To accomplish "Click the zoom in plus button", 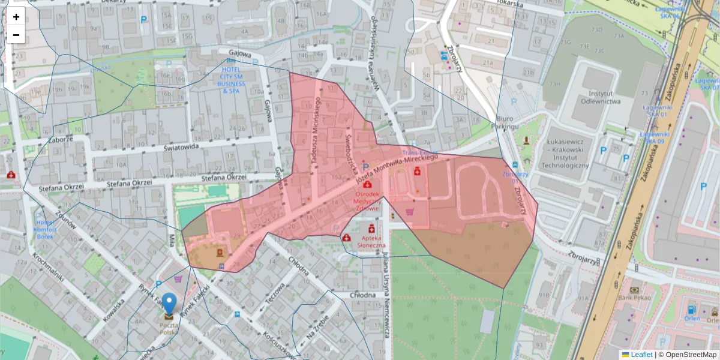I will coord(16,17).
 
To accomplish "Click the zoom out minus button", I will coord(16,35).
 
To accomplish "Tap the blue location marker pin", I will coord(170,304).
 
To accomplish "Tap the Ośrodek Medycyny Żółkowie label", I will coord(367,201).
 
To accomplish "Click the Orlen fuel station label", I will coord(692,319).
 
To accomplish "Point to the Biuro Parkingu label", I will coord(507,122).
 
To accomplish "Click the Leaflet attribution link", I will coord(641,355).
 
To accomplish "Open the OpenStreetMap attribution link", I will coord(691,355).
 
